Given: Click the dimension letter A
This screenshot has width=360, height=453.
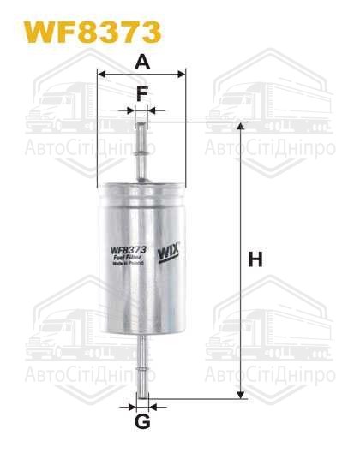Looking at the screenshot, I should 142,61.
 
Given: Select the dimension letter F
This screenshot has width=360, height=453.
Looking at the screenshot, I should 142,92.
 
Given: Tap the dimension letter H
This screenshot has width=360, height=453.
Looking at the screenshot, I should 255,259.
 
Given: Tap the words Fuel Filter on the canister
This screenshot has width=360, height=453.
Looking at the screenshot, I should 126,260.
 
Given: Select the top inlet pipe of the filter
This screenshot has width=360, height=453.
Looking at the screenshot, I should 142,150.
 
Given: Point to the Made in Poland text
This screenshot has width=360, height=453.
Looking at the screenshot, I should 126,266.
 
